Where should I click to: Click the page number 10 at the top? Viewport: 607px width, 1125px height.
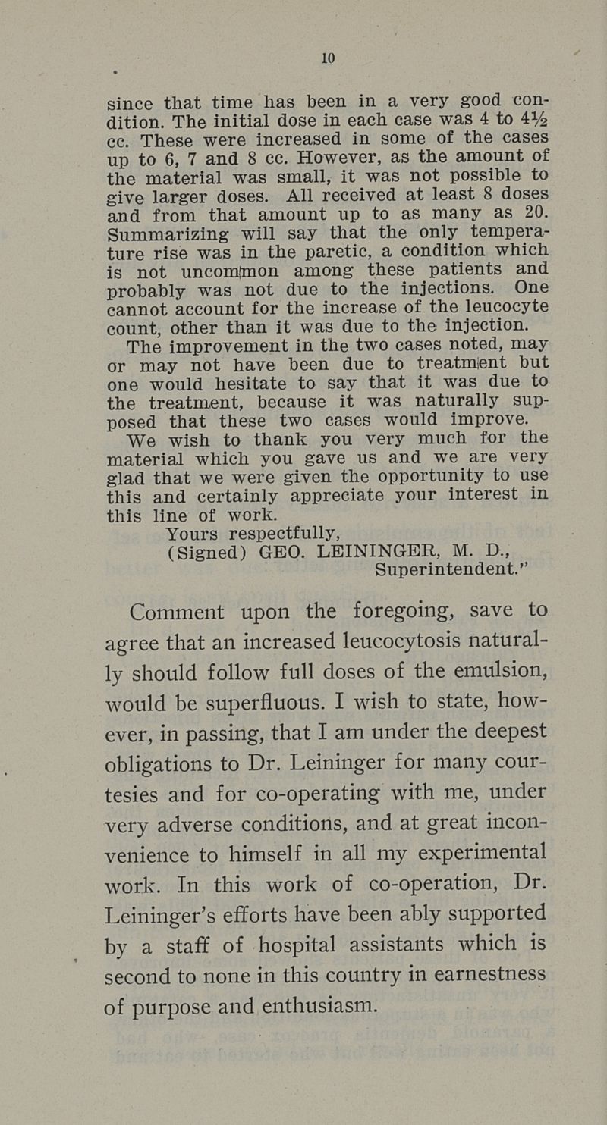[x=328, y=58]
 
